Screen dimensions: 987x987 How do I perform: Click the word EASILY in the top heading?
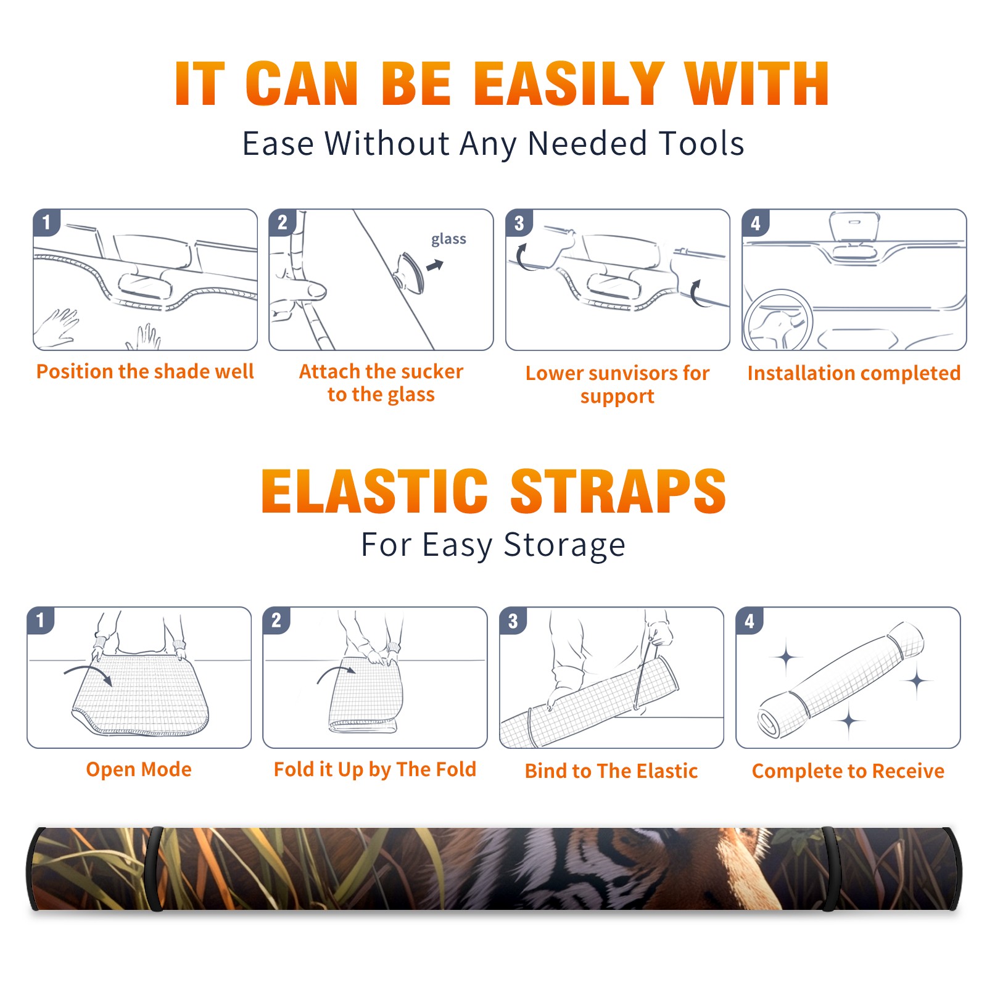tap(569, 84)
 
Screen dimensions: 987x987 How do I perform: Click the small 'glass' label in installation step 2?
tap(448, 239)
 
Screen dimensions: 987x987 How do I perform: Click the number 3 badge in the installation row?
tap(519, 223)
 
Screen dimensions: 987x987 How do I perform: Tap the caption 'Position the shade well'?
tap(145, 371)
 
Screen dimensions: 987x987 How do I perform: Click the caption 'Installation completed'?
tap(854, 373)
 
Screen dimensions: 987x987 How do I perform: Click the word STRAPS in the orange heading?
tap(618, 491)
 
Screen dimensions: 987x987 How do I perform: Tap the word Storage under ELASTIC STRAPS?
tap(564, 545)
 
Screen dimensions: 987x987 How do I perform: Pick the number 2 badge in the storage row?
tap(276, 620)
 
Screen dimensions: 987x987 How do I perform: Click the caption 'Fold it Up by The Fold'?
tap(375, 769)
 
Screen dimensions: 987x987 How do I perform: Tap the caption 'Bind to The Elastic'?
tap(611, 771)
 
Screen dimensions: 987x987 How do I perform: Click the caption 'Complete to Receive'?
tap(848, 771)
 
